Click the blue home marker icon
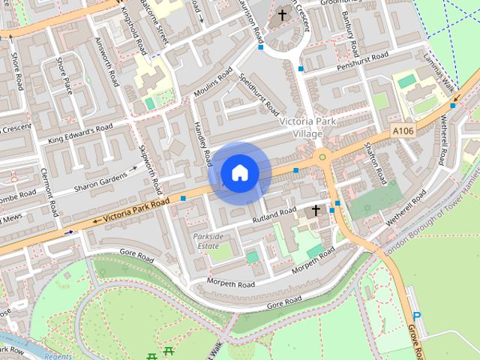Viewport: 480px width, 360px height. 239,172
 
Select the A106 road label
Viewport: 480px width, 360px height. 403,131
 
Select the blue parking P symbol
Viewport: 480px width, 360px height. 418,317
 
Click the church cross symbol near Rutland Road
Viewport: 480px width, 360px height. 316,210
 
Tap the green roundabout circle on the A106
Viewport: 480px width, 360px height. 322,157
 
